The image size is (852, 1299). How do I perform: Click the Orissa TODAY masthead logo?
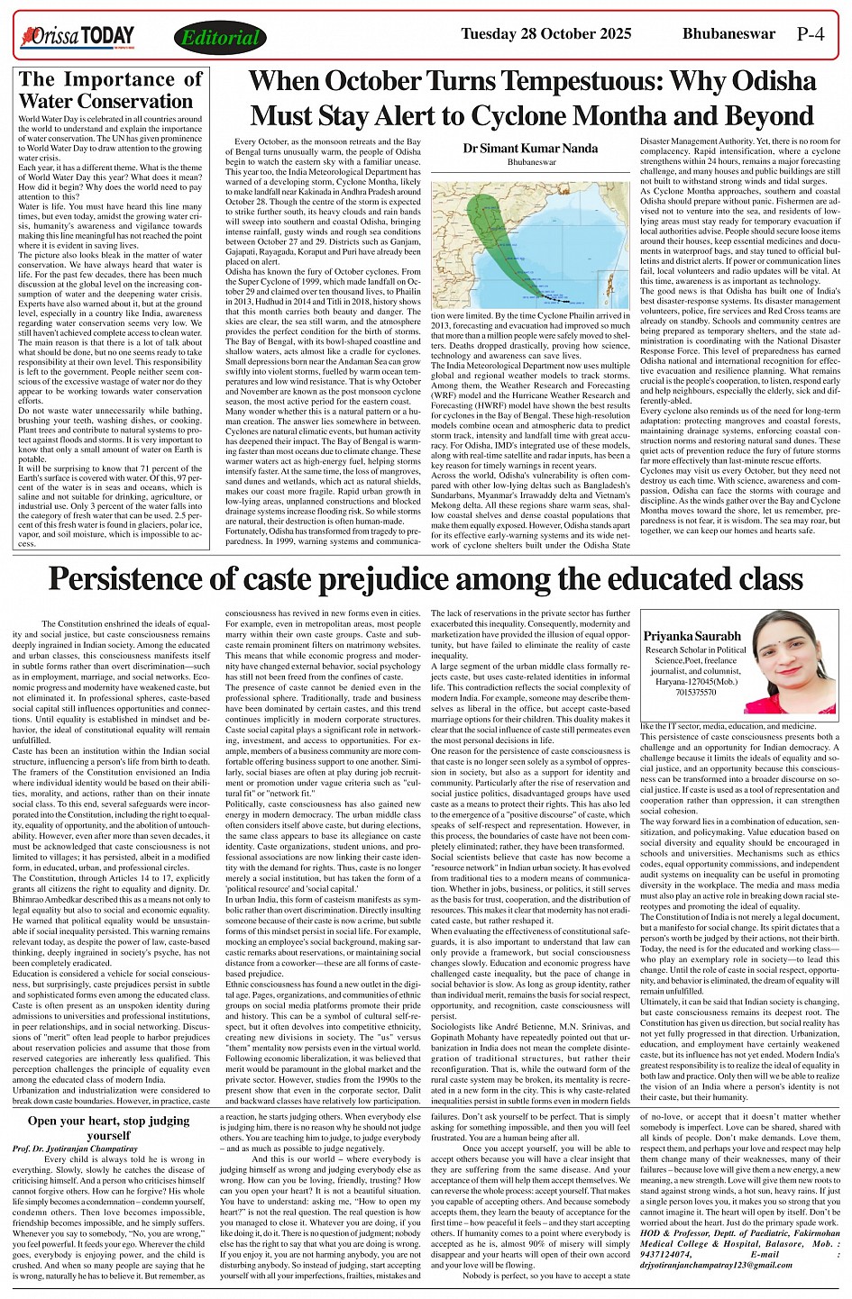78,37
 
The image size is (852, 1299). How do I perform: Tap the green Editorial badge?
219,38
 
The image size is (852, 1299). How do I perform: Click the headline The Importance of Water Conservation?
110,90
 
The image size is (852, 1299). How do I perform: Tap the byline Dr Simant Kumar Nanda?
518,148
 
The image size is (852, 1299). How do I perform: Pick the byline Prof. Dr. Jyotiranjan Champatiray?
76,1149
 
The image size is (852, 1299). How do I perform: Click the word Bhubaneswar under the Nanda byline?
518,161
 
